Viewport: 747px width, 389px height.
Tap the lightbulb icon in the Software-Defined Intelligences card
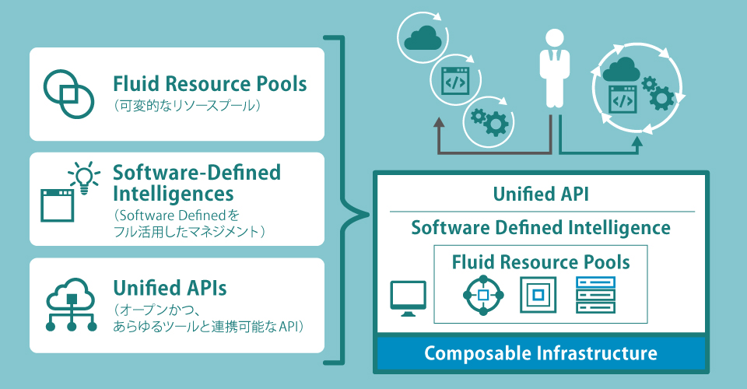point(84,176)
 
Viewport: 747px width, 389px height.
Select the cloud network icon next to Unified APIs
point(72,306)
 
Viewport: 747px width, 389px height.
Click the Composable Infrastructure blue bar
point(540,354)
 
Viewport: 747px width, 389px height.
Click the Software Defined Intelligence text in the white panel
point(540,228)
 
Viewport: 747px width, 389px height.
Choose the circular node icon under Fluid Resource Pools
point(483,296)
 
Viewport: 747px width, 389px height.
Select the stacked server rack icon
point(595,296)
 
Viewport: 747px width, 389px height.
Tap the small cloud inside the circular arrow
point(424,37)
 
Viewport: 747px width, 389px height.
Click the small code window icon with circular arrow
point(454,80)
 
